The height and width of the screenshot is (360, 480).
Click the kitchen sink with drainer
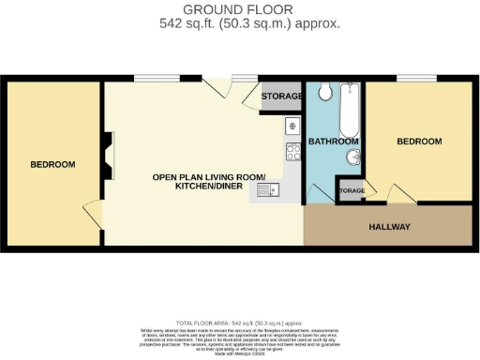click(264, 192)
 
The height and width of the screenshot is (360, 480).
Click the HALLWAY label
click(388, 227)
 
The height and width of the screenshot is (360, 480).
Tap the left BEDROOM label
click(52, 165)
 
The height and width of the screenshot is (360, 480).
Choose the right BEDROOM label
click(418, 142)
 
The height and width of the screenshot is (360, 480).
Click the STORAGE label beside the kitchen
click(282, 97)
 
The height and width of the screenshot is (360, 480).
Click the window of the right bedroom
click(409, 78)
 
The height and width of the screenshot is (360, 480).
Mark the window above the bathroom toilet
click(327, 78)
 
